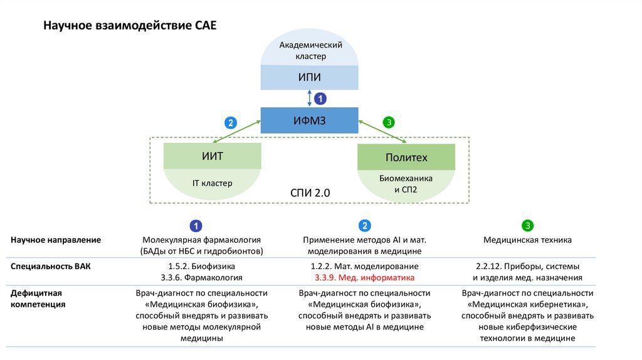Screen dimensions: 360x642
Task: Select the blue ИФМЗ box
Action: coord(310,120)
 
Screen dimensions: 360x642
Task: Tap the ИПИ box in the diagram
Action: coord(310,77)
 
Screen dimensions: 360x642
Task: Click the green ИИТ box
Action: coord(212,156)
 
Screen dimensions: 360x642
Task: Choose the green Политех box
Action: coord(406,157)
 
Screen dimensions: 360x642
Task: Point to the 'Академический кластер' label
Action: coord(310,50)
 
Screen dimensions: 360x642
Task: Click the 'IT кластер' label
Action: coord(212,183)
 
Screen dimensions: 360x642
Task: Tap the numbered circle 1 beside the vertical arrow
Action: coord(320,98)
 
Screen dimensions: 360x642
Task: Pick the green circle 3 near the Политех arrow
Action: coord(389,122)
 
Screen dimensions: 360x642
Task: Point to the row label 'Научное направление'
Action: coord(56,240)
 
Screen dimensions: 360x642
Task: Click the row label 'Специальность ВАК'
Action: coord(51,266)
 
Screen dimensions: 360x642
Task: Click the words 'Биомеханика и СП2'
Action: coord(406,184)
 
